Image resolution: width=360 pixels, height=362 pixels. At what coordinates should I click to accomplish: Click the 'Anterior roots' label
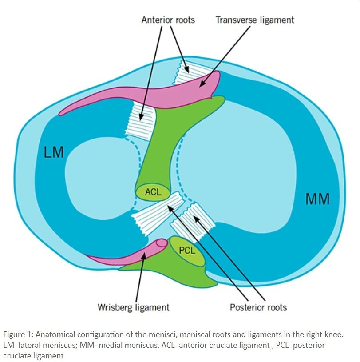coord(168,20)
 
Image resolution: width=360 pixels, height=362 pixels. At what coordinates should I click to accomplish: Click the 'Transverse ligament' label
coord(254,20)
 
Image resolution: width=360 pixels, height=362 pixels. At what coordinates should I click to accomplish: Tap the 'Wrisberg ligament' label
coord(133,307)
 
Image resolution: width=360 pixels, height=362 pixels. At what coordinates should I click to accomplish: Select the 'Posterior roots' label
coord(258,307)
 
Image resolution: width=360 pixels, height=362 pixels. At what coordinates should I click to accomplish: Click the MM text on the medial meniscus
coord(317,199)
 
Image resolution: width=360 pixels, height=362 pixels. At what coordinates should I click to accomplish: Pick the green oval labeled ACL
coord(153,193)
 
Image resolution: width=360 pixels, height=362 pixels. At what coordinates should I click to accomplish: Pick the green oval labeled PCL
coord(187,251)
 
